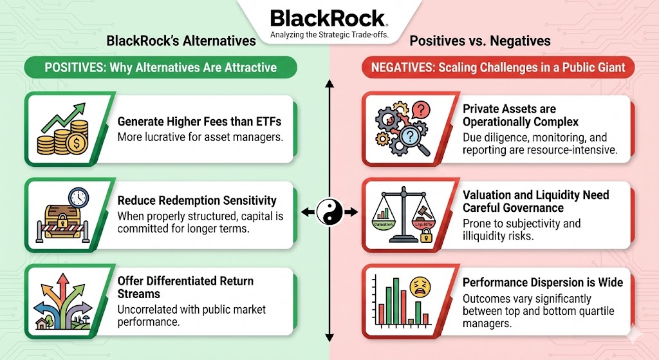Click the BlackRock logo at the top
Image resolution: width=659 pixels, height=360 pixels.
[329, 19]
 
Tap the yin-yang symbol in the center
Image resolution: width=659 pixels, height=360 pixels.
[329, 211]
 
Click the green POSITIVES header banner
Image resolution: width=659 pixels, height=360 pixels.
[160, 67]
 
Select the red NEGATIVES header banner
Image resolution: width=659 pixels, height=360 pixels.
[498, 67]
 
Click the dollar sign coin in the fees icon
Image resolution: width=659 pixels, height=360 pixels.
[76, 144]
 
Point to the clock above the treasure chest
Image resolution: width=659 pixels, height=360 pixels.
[79, 197]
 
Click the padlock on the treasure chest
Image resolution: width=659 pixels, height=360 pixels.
[62, 220]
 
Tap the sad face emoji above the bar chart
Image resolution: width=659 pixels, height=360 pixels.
[420, 287]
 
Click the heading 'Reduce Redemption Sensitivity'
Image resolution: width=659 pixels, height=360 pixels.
[197, 200]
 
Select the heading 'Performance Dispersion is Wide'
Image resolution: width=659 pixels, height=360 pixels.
[543, 282]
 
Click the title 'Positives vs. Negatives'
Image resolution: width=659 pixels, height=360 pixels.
[480, 41]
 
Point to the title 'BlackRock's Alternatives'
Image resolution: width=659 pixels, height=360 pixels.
[181, 41]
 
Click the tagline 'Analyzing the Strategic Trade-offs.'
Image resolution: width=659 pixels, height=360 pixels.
[329, 35]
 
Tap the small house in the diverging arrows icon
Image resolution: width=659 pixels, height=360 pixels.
[42, 324]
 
